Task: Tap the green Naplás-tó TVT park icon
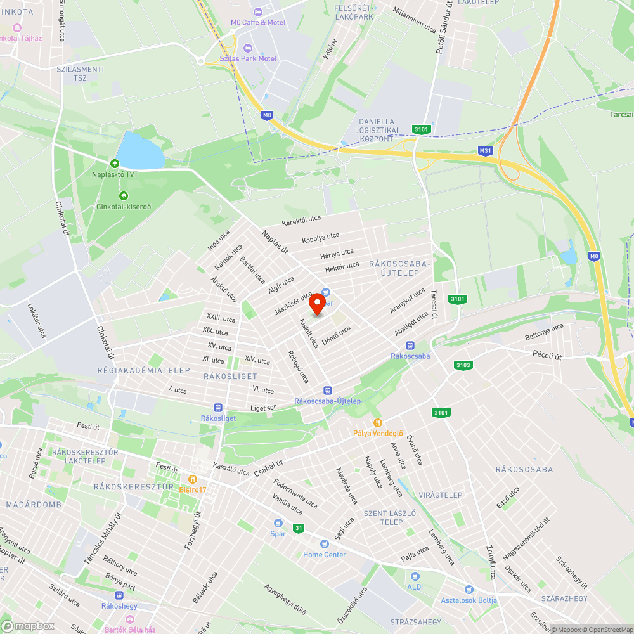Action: [x=115, y=163]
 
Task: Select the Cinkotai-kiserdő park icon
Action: [x=123, y=196]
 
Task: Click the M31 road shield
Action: [x=485, y=150]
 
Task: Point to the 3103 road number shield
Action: [x=463, y=365]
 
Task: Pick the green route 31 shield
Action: [x=298, y=527]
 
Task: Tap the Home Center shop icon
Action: [x=325, y=544]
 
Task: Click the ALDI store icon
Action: [x=415, y=576]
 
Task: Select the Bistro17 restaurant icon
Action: [x=193, y=479]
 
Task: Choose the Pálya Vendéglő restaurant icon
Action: [x=378, y=422]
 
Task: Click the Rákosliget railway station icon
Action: [x=218, y=408]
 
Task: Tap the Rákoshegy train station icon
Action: [x=119, y=595]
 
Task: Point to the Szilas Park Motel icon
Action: [x=247, y=48]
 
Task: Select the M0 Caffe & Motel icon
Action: [x=257, y=12]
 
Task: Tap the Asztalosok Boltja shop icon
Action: [x=469, y=590]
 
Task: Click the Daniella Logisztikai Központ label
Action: [x=377, y=130]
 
